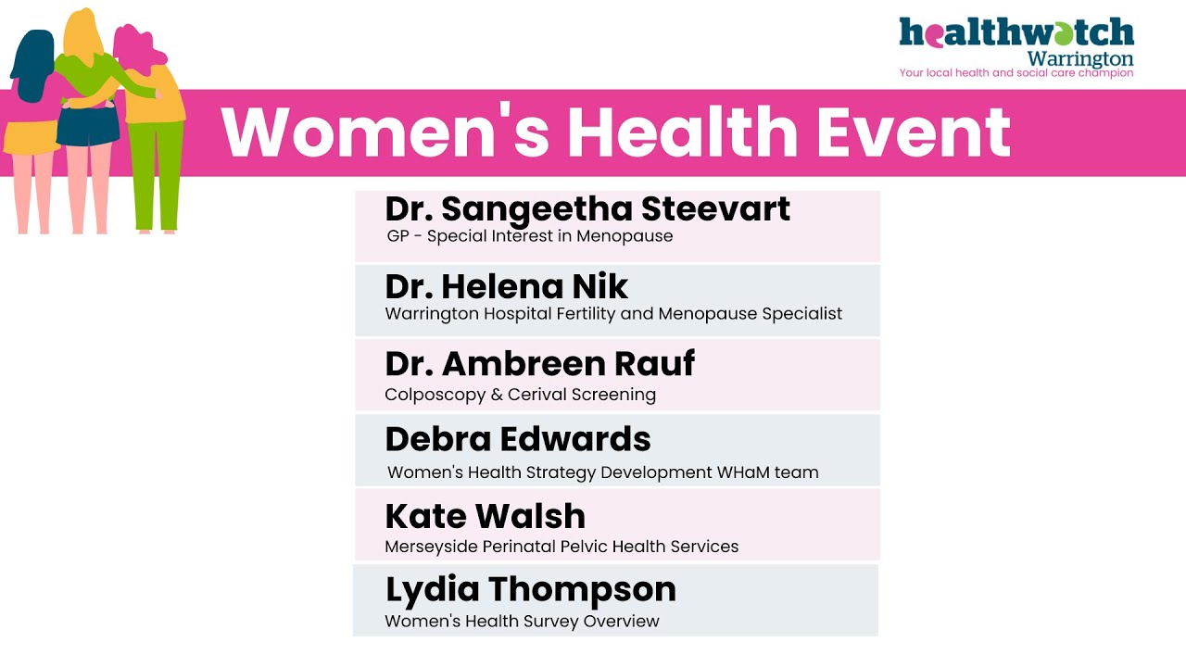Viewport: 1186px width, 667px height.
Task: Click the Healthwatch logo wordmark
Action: (1016, 33)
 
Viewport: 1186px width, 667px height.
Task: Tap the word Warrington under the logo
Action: (1080, 58)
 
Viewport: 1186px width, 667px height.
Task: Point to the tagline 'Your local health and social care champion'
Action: (1016, 72)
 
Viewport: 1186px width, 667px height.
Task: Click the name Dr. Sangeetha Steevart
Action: (587, 208)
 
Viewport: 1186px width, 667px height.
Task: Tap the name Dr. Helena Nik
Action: (506, 285)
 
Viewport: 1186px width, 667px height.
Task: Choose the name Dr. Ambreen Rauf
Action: (539, 363)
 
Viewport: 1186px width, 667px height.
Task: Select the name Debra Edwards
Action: (518, 438)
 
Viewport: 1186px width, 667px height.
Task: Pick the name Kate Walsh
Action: (485, 515)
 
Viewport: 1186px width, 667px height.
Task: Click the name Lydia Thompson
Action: (530, 589)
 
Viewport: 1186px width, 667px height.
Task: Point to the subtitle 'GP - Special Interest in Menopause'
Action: (529, 236)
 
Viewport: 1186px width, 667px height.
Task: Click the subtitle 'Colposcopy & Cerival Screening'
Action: (520, 395)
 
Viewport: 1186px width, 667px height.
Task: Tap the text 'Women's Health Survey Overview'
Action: (522, 621)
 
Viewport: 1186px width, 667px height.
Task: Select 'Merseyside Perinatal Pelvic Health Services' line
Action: (561, 547)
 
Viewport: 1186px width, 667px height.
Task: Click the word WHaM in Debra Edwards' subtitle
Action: (741, 472)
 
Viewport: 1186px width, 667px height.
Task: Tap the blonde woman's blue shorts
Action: (87, 127)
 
